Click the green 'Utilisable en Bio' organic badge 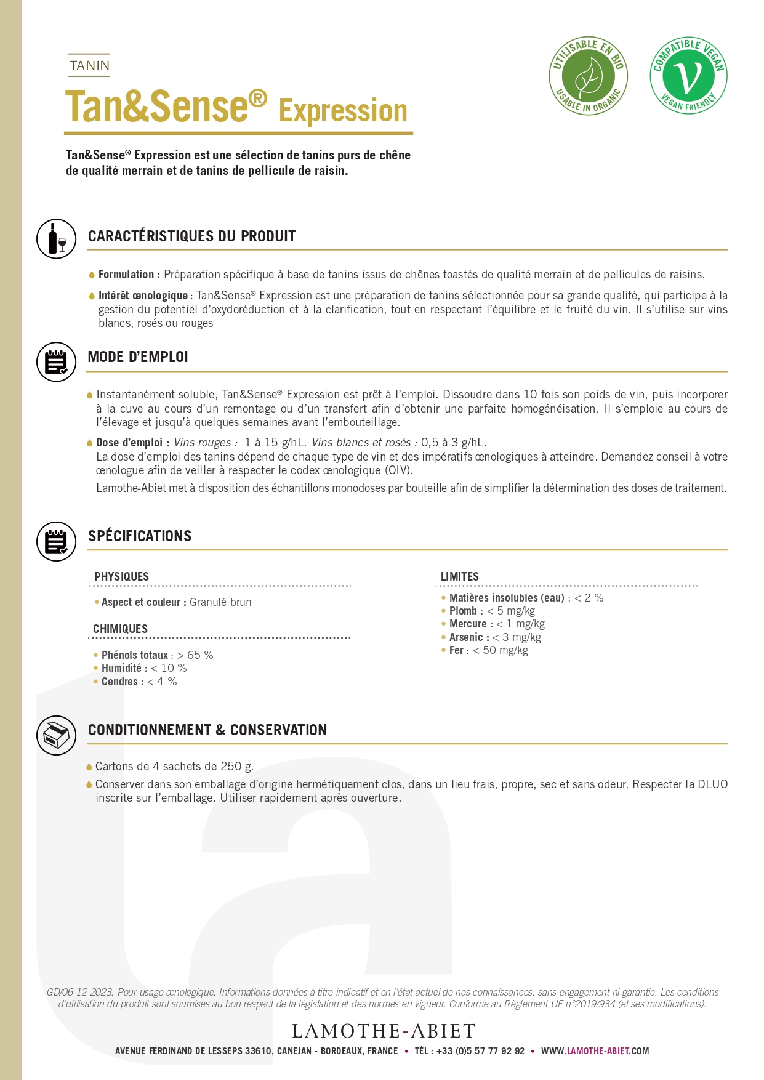point(588,76)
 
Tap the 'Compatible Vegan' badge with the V point(688,76)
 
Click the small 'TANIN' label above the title point(89,65)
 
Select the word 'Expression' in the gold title point(343,111)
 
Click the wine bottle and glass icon point(57,238)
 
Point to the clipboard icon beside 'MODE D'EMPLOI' point(57,362)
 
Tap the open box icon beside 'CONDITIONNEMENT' point(57,735)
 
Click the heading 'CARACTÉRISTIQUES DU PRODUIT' point(191,236)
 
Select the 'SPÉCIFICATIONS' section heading point(140,536)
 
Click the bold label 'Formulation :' point(129,275)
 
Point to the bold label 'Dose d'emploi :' point(132,443)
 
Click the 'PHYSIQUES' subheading point(121,576)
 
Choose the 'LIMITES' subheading point(459,576)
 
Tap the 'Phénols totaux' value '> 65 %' point(195,655)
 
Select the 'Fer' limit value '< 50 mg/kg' point(501,650)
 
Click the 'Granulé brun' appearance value point(220,602)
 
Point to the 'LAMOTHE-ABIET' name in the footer point(384,1031)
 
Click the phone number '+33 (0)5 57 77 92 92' point(480,1051)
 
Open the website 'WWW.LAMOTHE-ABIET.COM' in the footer point(595,1051)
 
